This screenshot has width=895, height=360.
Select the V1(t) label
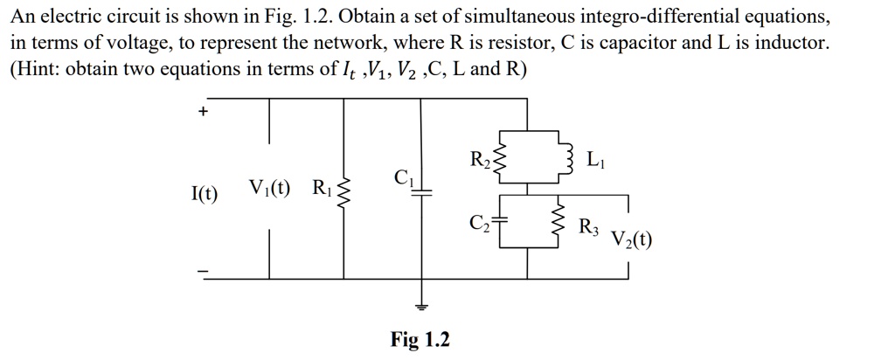[x=271, y=188]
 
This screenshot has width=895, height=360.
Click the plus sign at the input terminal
[x=204, y=112]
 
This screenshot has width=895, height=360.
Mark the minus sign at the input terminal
[x=203, y=273]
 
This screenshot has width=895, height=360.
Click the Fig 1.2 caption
[x=420, y=339]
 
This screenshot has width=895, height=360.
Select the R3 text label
[x=589, y=227]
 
